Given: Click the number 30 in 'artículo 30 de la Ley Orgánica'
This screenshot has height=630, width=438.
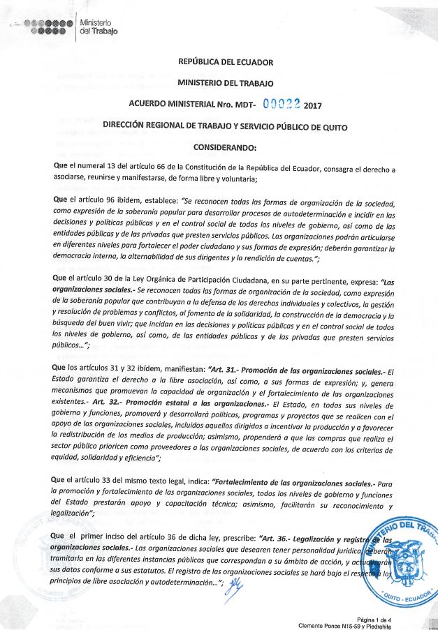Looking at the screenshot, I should (107, 278).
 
